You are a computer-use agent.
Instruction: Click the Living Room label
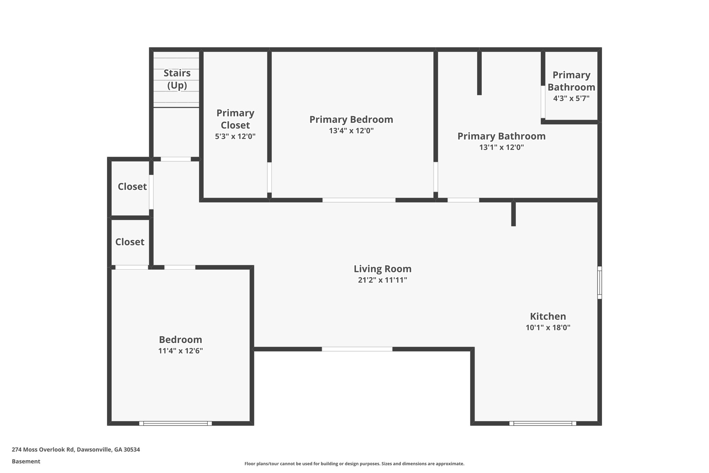coord(382,269)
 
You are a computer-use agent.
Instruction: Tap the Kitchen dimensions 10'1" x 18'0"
coord(548,327)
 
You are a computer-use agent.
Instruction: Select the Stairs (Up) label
coord(177,79)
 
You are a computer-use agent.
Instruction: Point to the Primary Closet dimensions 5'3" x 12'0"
coord(235,137)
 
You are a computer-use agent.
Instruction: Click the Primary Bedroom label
coord(351,120)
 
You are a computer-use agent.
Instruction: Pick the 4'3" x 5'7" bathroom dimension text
coord(571,98)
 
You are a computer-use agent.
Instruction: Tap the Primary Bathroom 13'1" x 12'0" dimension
coord(501,147)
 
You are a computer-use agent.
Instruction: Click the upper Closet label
coord(132,187)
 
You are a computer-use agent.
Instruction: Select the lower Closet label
coord(129,242)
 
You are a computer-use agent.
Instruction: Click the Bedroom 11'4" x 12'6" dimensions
coord(180,351)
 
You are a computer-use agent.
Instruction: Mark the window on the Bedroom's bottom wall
coord(175,423)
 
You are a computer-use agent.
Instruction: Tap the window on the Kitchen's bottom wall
coord(542,423)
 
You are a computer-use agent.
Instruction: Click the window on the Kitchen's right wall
coord(600,282)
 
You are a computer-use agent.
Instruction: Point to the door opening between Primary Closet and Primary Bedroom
coord(269,177)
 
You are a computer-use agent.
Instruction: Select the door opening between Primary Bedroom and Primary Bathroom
coord(436,177)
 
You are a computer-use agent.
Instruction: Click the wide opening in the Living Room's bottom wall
coord(357,349)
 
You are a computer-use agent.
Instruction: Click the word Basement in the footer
coord(26,462)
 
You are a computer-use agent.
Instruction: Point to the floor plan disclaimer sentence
coord(354,464)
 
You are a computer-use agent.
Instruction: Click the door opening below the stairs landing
coord(176,159)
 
